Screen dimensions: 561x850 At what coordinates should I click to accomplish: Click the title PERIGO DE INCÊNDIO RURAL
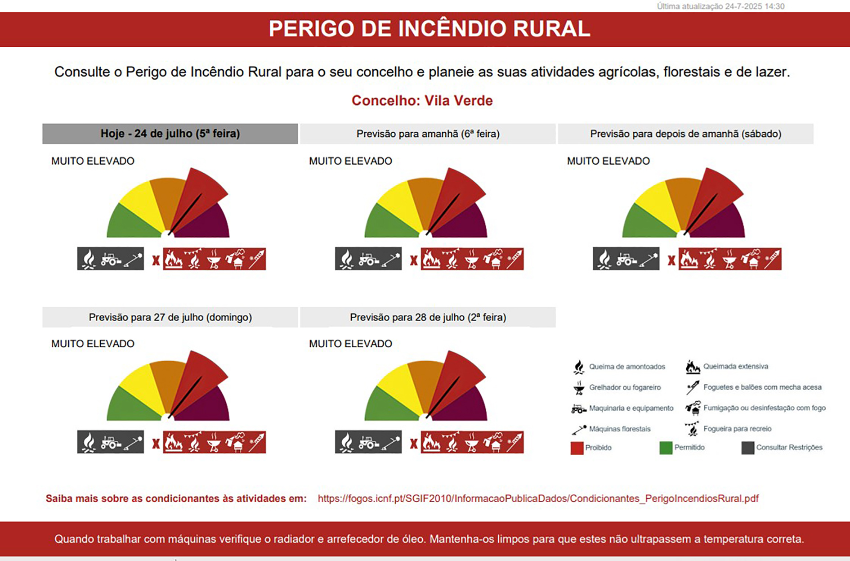pyautogui.click(x=429, y=29)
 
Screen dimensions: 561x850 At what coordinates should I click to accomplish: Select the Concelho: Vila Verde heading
pyautogui.click(x=422, y=100)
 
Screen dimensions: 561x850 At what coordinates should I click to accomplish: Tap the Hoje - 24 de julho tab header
pyautogui.click(x=170, y=134)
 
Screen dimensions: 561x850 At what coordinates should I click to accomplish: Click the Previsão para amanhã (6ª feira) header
pyautogui.click(x=428, y=134)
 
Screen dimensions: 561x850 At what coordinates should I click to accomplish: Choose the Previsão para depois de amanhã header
pyautogui.click(x=685, y=134)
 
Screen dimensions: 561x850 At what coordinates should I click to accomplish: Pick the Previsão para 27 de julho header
pyautogui.click(x=170, y=317)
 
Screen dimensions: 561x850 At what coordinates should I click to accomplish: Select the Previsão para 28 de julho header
pyautogui.click(x=428, y=317)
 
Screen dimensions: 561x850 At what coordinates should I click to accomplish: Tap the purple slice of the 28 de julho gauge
pyautogui.click(x=465, y=405)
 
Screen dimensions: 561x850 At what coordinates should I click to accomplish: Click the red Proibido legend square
pyautogui.click(x=577, y=448)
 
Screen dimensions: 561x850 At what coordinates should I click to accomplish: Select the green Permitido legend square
pyautogui.click(x=666, y=448)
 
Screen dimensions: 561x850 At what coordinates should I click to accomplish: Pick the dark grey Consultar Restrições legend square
pyautogui.click(x=747, y=448)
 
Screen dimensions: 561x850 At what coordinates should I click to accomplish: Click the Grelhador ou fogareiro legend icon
pyautogui.click(x=579, y=387)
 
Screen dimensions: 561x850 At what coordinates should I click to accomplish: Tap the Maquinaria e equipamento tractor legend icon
pyautogui.click(x=578, y=408)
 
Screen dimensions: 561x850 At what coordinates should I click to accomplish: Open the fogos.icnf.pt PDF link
pyautogui.click(x=538, y=498)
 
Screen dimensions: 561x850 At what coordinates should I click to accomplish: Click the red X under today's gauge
pyautogui.click(x=156, y=260)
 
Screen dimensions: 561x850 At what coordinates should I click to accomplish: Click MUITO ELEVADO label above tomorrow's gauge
pyautogui.click(x=350, y=161)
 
